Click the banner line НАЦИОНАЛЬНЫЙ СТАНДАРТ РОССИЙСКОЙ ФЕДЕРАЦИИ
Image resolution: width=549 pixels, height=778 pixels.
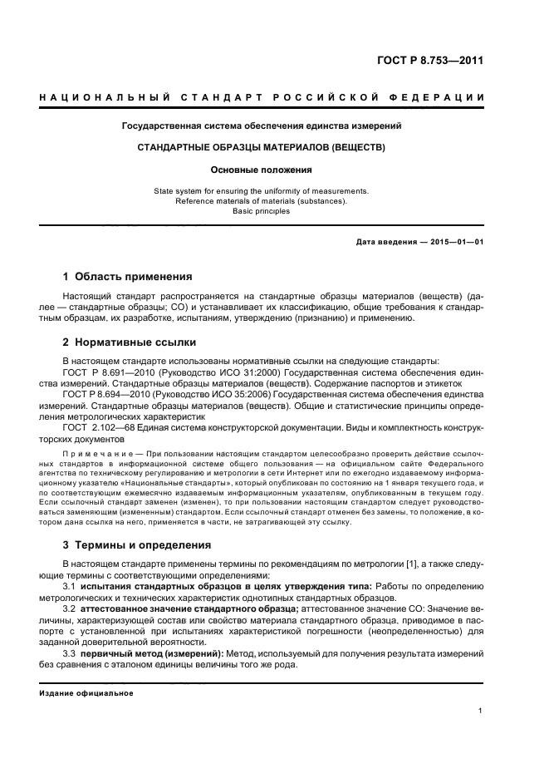pyautogui.click(x=262, y=99)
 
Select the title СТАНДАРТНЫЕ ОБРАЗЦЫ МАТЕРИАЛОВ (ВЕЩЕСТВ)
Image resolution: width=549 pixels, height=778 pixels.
pyautogui.click(x=261, y=147)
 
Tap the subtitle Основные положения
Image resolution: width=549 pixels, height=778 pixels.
pyautogui.click(x=261, y=170)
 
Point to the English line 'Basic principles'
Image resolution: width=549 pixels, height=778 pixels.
pyautogui.click(x=261, y=211)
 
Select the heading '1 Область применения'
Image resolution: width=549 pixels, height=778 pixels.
pyautogui.click(x=127, y=276)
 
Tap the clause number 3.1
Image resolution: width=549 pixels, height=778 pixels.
pyautogui.click(x=69, y=585)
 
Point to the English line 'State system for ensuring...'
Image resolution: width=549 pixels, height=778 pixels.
pyautogui.click(x=261, y=190)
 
